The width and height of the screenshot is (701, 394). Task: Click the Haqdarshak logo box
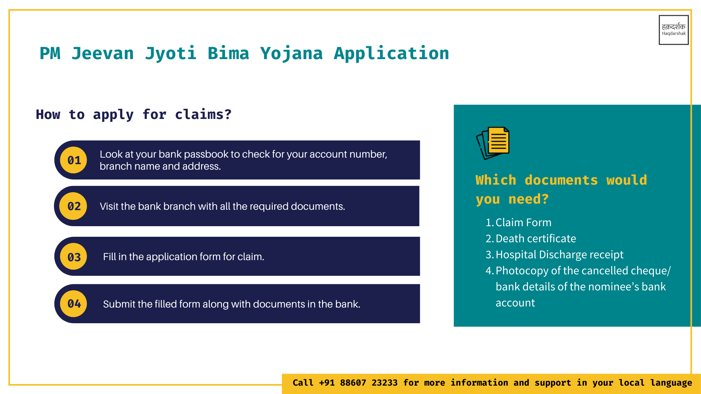pos(674,30)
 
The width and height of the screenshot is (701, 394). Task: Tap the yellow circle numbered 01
pos(74,160)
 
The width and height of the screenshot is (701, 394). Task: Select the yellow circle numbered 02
pos(74,206)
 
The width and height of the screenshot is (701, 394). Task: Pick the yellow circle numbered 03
pos(74,256)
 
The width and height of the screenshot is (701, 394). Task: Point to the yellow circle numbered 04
pos(74,304)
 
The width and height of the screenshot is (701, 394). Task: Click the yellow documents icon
pos(493,143)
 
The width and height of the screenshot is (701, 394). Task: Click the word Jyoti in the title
pos(171,54)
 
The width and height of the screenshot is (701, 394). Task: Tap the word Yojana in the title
pos(291,54)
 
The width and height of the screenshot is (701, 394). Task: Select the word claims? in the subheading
pos(203,115)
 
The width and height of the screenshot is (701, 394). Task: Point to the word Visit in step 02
pos(109,206)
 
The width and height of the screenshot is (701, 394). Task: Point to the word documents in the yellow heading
pos(561,180)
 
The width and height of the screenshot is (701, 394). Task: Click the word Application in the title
pos(391,54)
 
